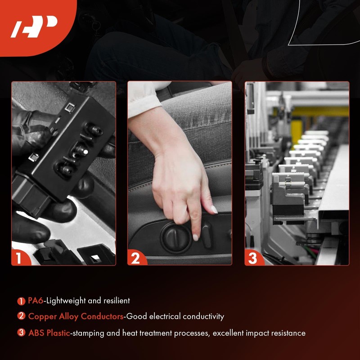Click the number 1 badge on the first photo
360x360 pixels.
[x=19, y=258]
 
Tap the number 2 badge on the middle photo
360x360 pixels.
[x=135, y=258]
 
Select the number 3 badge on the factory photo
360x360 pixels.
[x=252, y=258]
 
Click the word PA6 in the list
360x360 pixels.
[x=36, y=301]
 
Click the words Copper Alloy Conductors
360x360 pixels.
[x=76, y=316]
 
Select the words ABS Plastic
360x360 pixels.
[x=49, y=333]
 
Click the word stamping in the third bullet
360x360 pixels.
[x=86, y=333]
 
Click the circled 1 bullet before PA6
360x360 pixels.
[x=21, y=301]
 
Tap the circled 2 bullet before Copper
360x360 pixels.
[x=21, y=316]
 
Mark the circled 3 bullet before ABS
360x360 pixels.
[x=21, y=333]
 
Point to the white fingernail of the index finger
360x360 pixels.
[x=195, y=237]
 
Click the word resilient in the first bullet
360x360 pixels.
[x=116, y=301]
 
